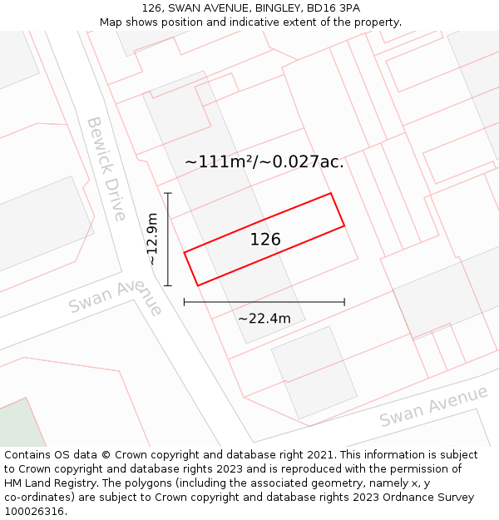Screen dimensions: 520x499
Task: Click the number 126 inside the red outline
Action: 265,240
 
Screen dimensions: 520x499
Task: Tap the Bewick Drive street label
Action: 106,168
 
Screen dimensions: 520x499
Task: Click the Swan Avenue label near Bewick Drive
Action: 116,296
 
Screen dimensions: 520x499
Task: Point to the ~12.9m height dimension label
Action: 151,240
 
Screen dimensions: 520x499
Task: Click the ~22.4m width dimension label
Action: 264,319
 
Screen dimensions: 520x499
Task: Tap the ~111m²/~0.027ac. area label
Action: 264,162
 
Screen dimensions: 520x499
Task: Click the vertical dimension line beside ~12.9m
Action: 168,240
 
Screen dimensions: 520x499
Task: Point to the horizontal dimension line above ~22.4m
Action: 264,302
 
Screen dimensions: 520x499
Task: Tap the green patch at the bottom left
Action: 22,424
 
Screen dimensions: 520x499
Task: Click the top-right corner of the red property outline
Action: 331,194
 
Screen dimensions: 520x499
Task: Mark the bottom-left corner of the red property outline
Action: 198,285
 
